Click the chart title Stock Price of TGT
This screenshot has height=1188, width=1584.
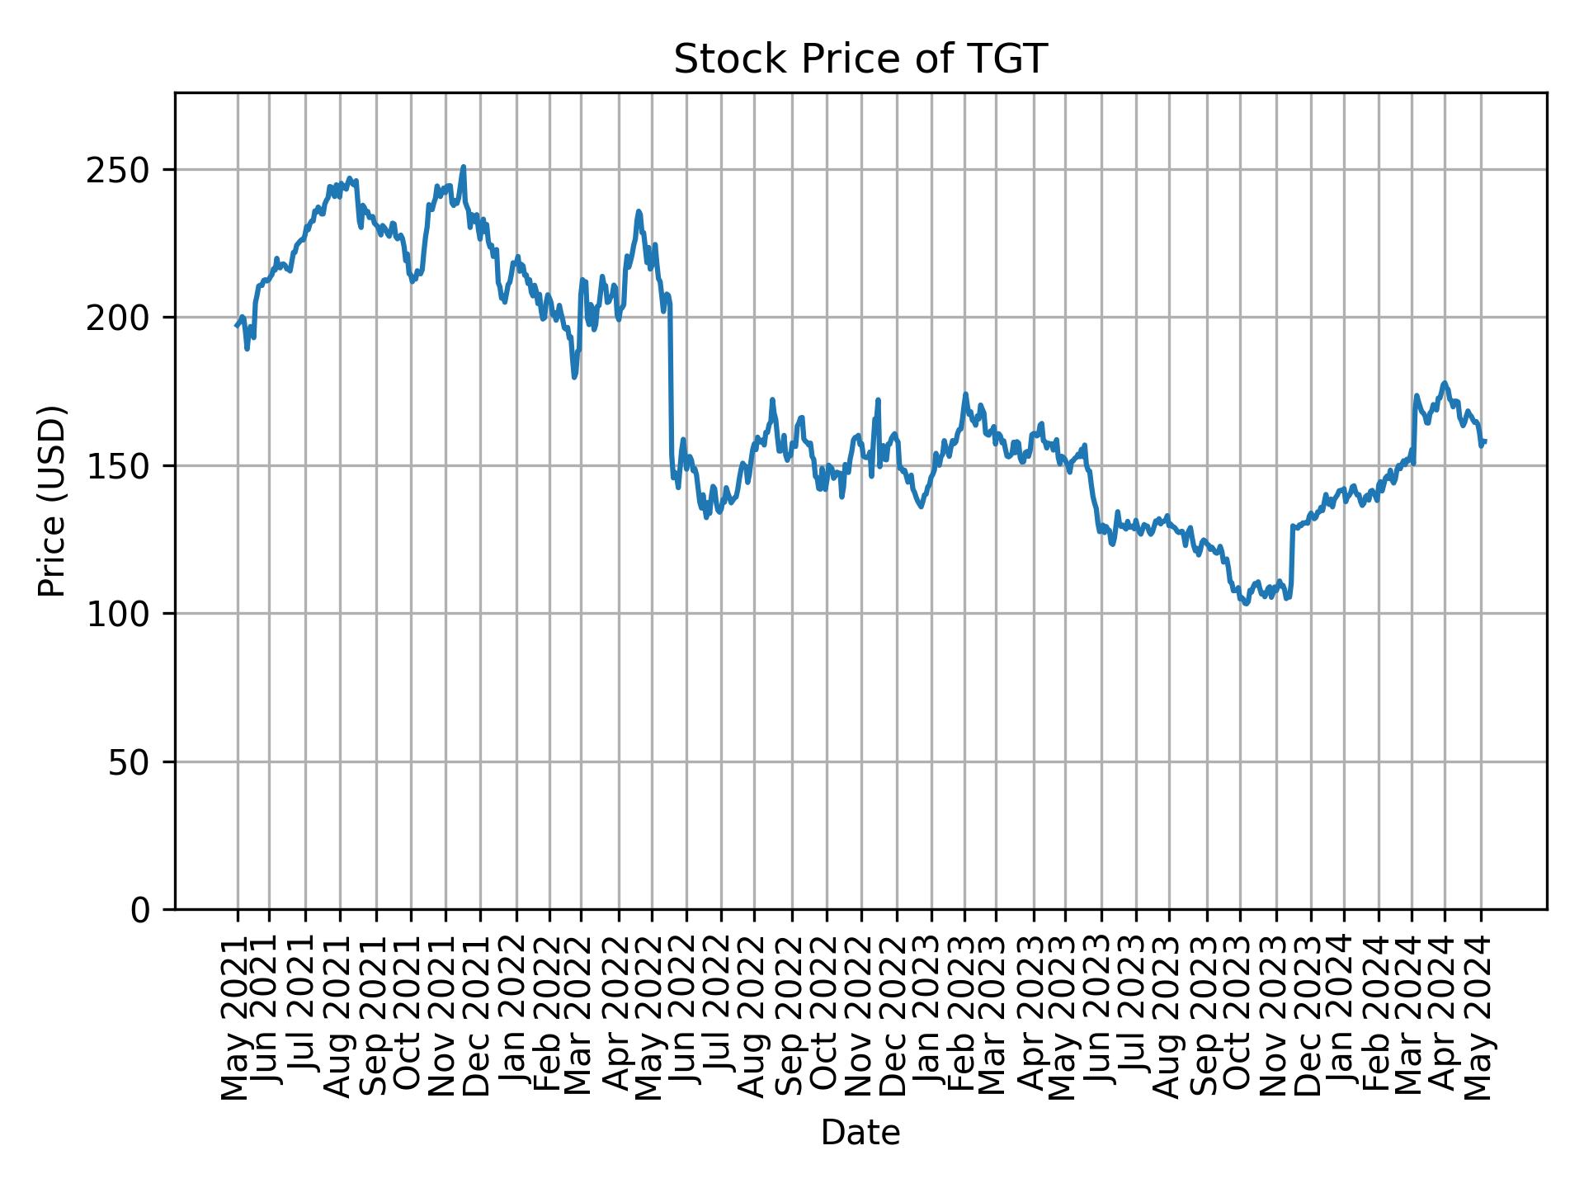(x=860, y=60)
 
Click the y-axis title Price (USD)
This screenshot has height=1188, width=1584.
(x=52, y=501)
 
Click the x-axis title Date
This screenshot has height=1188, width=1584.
(x=860, y=1134)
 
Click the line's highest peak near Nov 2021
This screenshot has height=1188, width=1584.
(x=463, y=167)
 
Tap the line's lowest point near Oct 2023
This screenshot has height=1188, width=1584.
(x=1246, y=603)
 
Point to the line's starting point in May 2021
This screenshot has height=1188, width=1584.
(x=236, y=326)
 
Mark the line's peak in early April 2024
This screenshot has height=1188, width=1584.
(x=1444, y=383)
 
